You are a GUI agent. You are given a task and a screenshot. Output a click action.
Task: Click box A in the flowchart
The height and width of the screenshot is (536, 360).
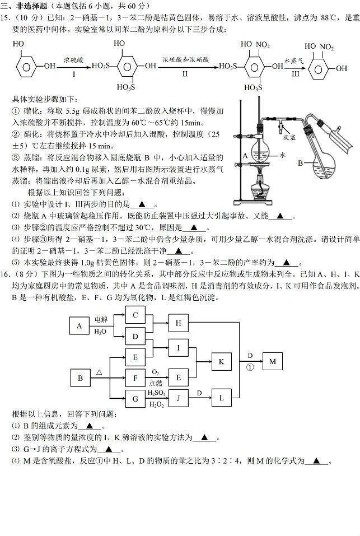click(80, 326)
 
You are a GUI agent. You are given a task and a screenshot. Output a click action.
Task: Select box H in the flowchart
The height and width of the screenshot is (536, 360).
click(178, 323)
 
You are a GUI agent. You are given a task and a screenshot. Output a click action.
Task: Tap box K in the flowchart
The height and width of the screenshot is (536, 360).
click(221, 362)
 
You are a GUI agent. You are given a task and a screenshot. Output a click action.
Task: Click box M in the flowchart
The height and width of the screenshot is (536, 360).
click(273, 361)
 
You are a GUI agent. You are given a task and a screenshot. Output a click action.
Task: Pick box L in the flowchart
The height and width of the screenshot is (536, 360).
click(221, 398)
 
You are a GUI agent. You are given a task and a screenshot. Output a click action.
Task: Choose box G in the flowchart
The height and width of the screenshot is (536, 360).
click(135, 399)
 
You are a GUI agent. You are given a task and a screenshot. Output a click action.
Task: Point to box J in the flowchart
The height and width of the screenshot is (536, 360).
click(178, 398)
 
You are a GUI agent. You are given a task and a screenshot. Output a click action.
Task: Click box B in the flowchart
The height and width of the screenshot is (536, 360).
click(80, 378)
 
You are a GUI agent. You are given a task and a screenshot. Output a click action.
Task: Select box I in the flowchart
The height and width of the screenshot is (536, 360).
click(178, 348)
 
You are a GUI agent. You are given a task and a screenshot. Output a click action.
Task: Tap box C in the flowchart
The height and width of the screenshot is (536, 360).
click(135, 315)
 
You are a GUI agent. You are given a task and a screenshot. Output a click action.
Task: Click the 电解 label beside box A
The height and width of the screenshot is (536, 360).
click(101, 320)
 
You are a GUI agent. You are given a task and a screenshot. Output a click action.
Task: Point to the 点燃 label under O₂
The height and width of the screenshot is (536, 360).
click(156, 384)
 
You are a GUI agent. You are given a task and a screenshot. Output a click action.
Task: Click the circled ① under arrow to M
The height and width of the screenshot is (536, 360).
click(250, 367)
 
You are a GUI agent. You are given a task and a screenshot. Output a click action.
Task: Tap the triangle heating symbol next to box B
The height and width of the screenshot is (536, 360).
click(100, 372)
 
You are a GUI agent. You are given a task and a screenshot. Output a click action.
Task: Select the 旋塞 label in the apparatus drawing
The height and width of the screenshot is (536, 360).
click(289, 137)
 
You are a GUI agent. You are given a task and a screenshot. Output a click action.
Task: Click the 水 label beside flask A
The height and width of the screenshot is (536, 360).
click(283, 155)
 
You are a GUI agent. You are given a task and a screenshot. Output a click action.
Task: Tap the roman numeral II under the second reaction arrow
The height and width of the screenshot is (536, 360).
click(185, 73)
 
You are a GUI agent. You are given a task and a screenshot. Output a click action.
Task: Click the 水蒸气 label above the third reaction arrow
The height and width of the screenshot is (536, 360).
click(294, 61)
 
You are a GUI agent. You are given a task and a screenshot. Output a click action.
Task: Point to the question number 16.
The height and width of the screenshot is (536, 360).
click(7, 274)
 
